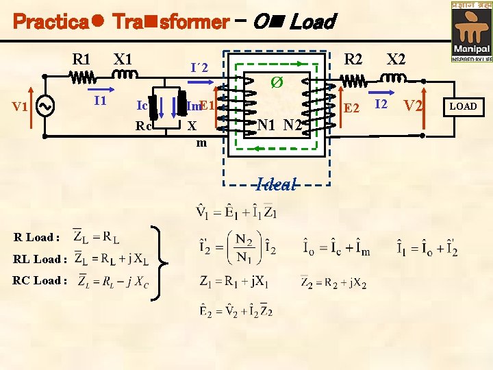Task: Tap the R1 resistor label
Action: (83, 58)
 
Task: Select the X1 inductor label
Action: (123, 58)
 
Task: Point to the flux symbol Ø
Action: (277, 83)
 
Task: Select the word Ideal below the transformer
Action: (277, 184)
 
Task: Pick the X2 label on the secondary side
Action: (396, 59)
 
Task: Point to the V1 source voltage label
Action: (21, 107)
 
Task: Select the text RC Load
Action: (40, 280)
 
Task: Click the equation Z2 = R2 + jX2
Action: (335, 281)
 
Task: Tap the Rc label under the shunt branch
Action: (144, 126)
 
